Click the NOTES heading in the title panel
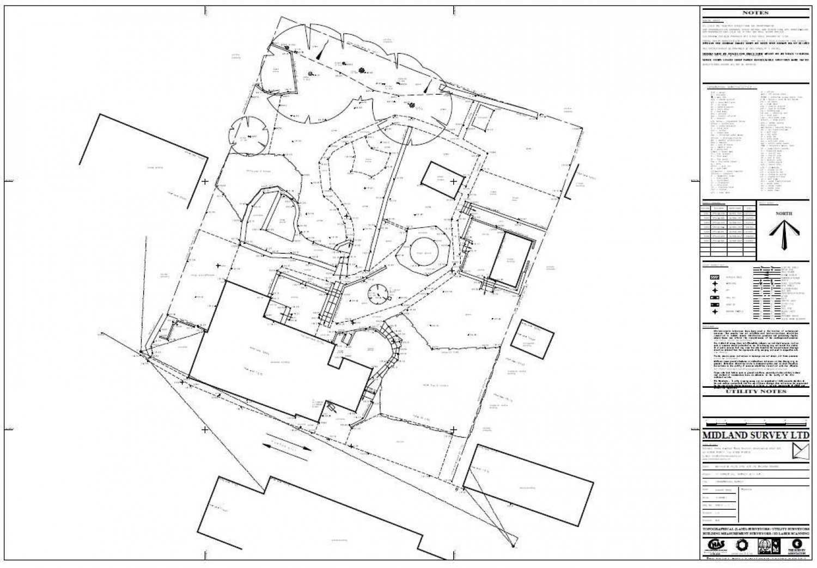tap(754, 13)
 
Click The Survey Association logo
tap(797, 546)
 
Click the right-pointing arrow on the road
tap(303, 449)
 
